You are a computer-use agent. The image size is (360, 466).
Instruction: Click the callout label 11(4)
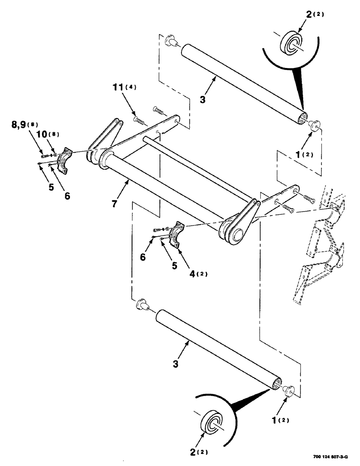click(x=124, y=87)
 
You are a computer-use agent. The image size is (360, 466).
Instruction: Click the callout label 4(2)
click(x=198, y=274)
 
